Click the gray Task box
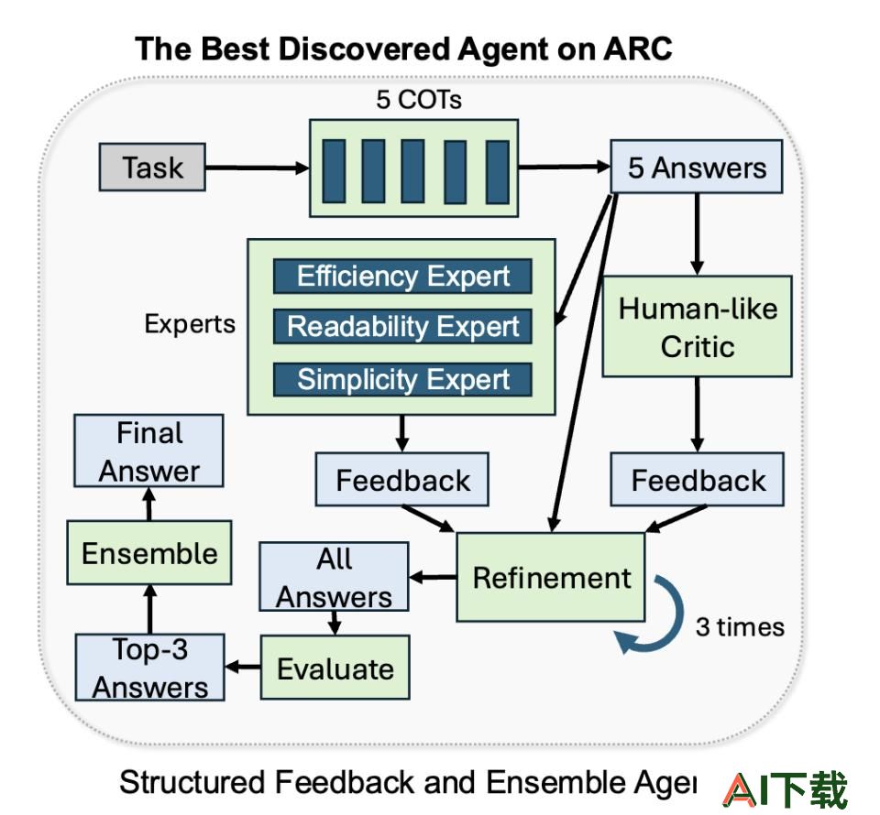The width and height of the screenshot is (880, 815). pyautogui.click(x=152, y=167)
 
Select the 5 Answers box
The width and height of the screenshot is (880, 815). pyautogui.click(x=697, y=167)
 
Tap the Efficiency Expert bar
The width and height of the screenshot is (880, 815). pyautogui.click(x=402, y=276)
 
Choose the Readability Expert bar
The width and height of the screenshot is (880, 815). pyautogui.click(x=402, y=326)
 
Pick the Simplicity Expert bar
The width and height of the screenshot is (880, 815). pyautogui.click(x=402, y=379)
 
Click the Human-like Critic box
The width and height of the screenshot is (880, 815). pyautogui.click(x=697, y=326)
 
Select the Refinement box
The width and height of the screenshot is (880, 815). pyautogui.click(x=551, y=577)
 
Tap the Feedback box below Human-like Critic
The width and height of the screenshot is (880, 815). pyautogui.click(x=697, y=480)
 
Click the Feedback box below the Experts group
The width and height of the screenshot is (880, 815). pyautogui.click(x=401, y=480)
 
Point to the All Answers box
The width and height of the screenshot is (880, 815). pyautogui.click(x=334, y=577)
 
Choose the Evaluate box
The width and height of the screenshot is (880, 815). pyautogui.click(x=335, y=668)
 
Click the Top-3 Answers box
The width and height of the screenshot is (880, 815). pyautogui.click(x=149, y=668)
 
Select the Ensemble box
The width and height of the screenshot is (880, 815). pyautogui.click(x=149, y=553)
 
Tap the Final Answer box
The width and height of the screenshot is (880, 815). pyautogui.click(x=148, y=451)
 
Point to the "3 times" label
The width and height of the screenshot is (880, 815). pyautogui.click(x=740, y=627)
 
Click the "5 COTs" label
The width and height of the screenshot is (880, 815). pyautogui.click(x=419, y=101)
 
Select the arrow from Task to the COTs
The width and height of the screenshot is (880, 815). pyautogui.click(x=258, y=168)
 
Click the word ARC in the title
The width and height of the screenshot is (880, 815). pyautogui.click(x=638, y=49)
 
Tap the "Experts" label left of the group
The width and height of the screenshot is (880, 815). pyautogui.click(x=190, y=324)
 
